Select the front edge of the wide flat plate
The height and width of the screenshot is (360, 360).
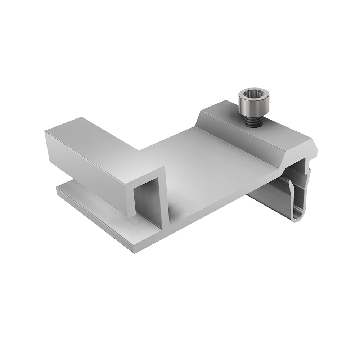click(x=223, y=202)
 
